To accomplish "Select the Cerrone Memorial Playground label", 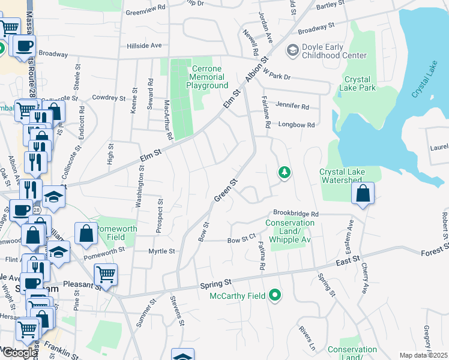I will tap(208, 77).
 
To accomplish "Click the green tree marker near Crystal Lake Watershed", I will tap(284, 173).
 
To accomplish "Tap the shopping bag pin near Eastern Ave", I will tap(363, 194).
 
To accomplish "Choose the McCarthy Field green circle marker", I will tap(275, 295).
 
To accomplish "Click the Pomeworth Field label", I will tap(117, 233).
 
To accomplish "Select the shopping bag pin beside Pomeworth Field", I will tap(86, 233).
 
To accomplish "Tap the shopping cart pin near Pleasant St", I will tap(106, 274).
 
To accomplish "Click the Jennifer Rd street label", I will tap(292, 106).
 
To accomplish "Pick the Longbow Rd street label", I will tap(297, 125).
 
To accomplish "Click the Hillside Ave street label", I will tap(144, 46).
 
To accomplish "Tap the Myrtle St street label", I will tap(162, 251).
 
